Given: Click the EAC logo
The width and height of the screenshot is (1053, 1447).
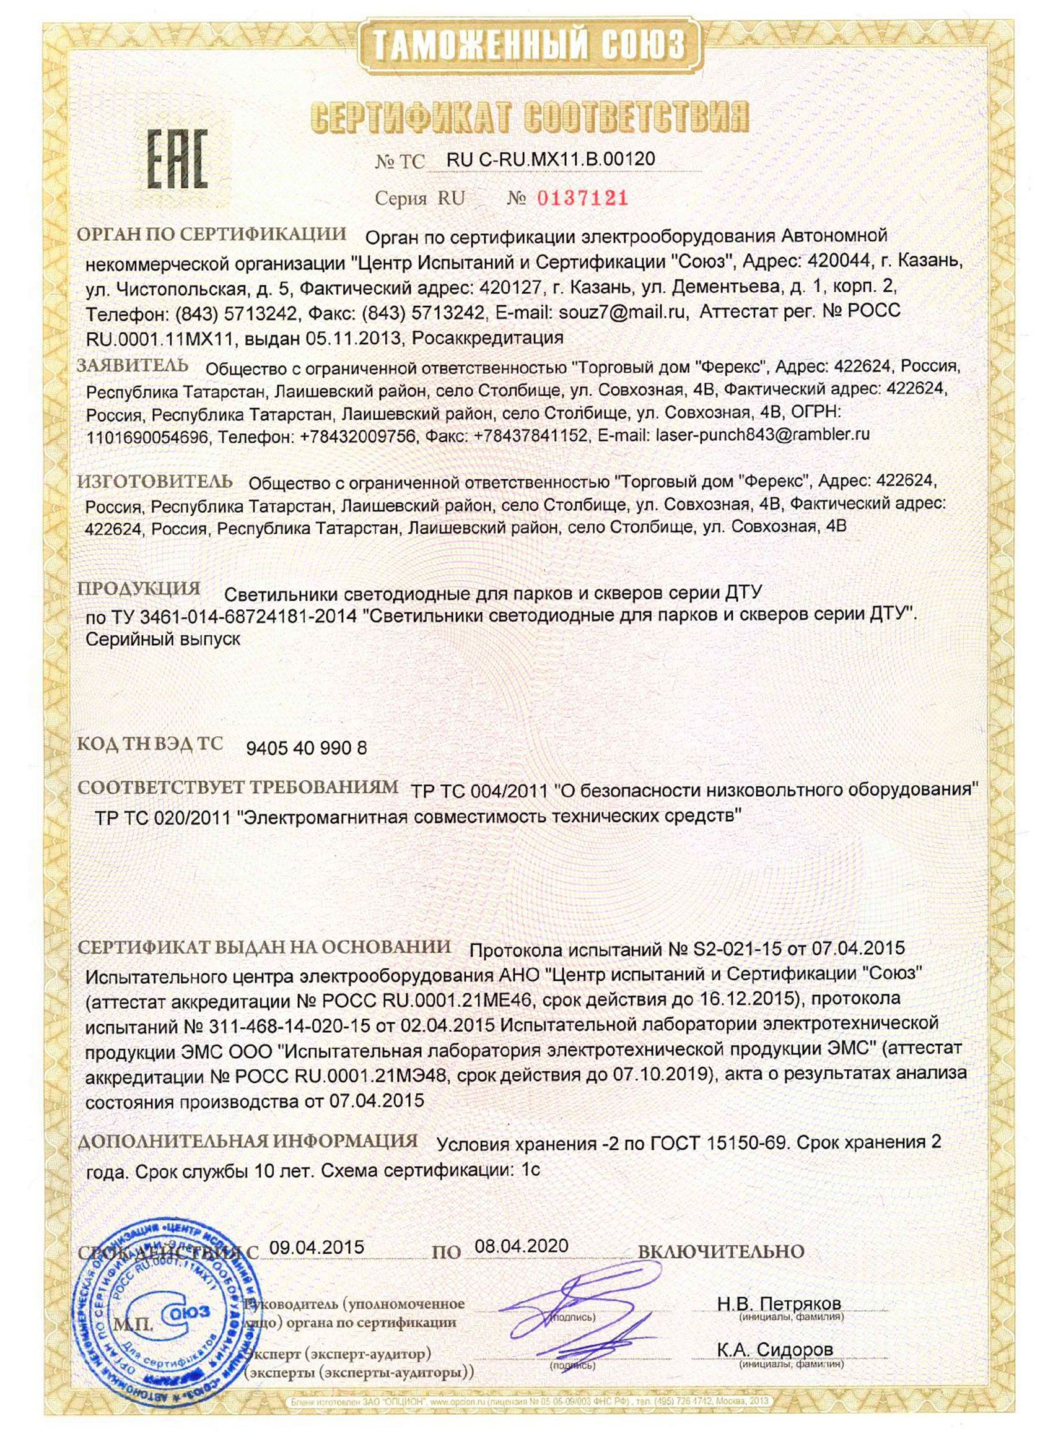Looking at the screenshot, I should click(x=178, y=159).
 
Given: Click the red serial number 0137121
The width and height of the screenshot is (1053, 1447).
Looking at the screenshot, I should click(x=582, y=198).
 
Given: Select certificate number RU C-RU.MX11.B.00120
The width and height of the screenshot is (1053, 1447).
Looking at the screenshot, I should click(x=551, y=159).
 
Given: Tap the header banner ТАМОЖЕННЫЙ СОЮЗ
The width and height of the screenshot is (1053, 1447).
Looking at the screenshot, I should click(x=527, y=45).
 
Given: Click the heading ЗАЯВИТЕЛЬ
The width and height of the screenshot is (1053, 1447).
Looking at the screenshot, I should click(x=133, y=365).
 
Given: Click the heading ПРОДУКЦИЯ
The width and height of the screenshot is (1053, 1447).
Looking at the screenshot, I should click(x=139, y=588).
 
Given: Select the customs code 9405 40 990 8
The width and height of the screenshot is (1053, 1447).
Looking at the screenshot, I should click(x=307, y=749).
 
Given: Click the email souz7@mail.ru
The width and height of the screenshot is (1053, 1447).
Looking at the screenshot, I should click(x=624, y=313).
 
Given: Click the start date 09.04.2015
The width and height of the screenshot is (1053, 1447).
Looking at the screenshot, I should click(x=317, y=1246).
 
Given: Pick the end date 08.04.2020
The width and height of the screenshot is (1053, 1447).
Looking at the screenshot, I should click(x=521, y=1246).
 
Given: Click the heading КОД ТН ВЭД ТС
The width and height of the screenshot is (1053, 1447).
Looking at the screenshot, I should click(x=150, y=744).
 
